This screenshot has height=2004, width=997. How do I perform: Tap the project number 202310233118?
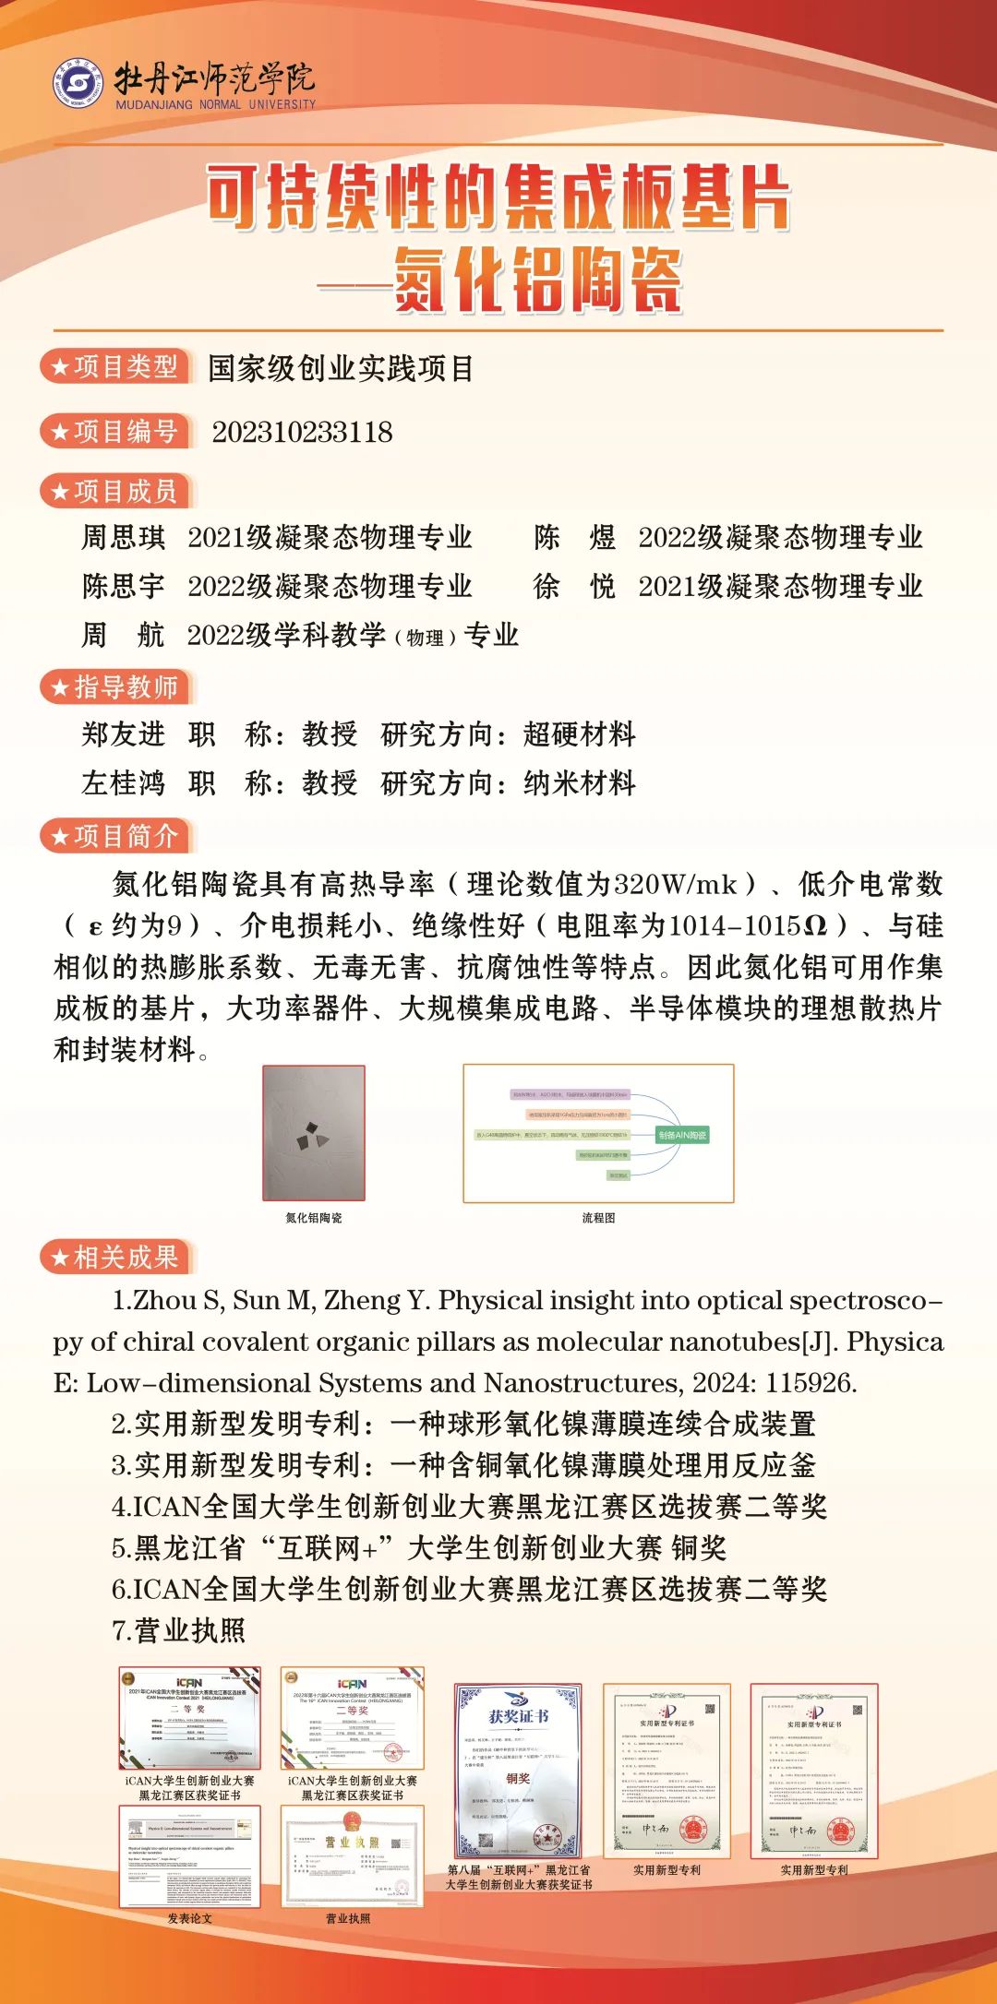click(x=302, y=432)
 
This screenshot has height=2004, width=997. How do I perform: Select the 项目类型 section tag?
click(x=115, y=366)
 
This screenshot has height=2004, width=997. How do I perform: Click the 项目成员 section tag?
click(x=115, y=491)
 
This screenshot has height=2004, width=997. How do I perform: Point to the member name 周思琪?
click(x=123, y=537)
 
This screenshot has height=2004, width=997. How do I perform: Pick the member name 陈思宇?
click(x=123, y=586)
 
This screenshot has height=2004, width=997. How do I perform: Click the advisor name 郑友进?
click(x=123, y=734)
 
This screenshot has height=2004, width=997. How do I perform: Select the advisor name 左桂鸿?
click(x=123, y=783)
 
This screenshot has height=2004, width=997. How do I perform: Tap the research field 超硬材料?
click(x=579, y=734)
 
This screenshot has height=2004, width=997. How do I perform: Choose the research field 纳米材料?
click(x=579, y=783)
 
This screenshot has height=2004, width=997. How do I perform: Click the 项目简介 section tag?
click(x=115, y=836)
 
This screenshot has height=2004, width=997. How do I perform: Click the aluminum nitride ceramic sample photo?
click(x=314, y=1133)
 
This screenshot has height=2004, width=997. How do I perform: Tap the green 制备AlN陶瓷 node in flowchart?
click(x=682, y=1135)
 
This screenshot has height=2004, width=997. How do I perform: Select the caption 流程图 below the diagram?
click(x=598, y=1218)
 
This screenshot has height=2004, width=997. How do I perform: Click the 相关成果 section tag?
click(x=115, y=1257)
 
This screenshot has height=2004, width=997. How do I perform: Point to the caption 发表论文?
click(x=189, y=1918)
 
